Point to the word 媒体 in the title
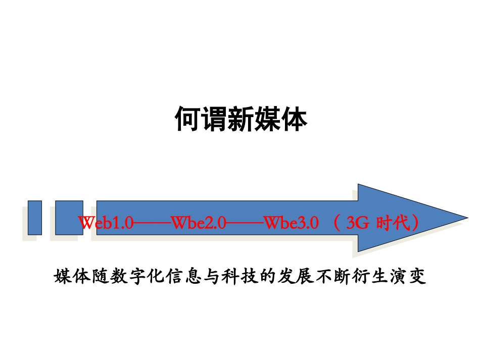click(x=280, y=119)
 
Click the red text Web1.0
click(x=106, y=223)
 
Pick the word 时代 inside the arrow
click(x=394, y=223)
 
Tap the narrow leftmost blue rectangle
click(x=35, y=218)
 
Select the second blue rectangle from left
click(x=69, y=218)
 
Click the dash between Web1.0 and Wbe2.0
click(x=153, y=223)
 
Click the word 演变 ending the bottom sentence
click(x=409, y=277)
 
